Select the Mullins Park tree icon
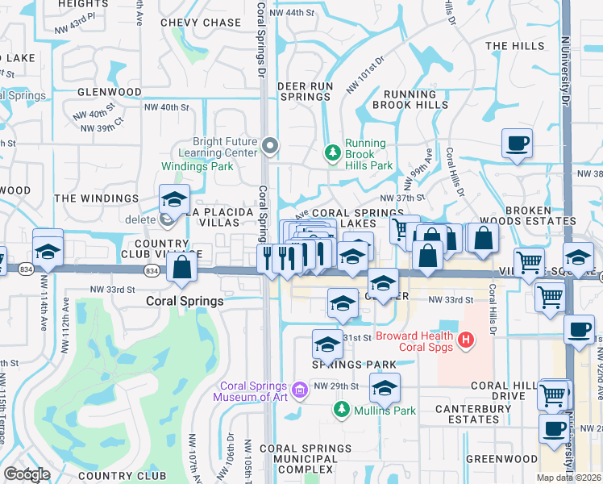pos(341,411)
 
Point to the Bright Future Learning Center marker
pos(270,146)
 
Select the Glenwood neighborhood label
pos(110,92)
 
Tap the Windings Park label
pos(197,166)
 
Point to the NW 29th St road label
pos(334,386)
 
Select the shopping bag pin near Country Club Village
pos(182,267)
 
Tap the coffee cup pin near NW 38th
pos(517,144)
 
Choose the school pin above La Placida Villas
pos(174,199)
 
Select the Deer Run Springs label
pos(305,90)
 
